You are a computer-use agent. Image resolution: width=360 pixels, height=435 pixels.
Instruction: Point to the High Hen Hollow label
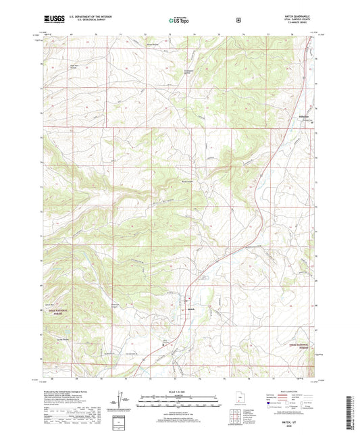(76, 66)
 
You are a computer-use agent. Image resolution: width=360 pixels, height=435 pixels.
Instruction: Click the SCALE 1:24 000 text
(180, 390)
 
